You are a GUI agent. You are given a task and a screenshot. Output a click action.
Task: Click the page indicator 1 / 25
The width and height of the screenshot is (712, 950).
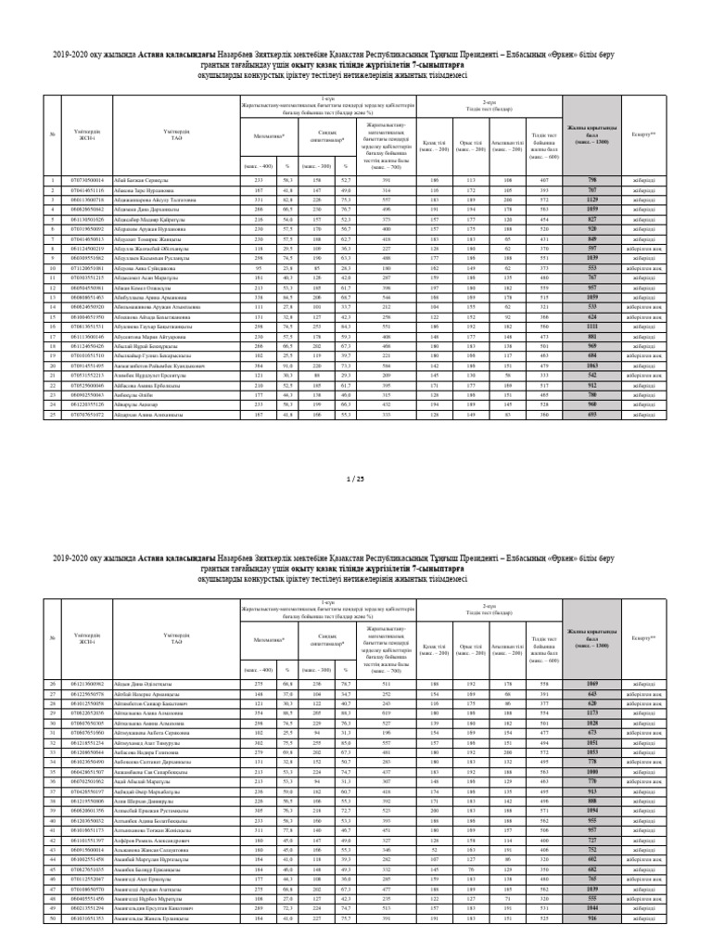tap(355, 479)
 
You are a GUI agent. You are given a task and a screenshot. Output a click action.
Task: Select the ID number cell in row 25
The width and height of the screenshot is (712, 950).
tap(88, 416)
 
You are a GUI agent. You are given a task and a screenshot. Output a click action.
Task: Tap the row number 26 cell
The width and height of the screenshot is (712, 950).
tap(54, 682)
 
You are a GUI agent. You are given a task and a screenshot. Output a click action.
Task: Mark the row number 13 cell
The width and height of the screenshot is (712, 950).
tap(54, 298)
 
